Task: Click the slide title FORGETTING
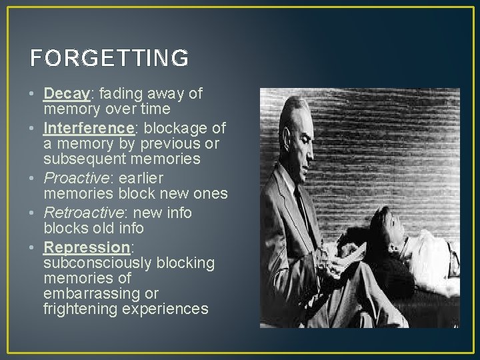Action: point(109,59)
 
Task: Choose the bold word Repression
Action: point(86,247)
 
